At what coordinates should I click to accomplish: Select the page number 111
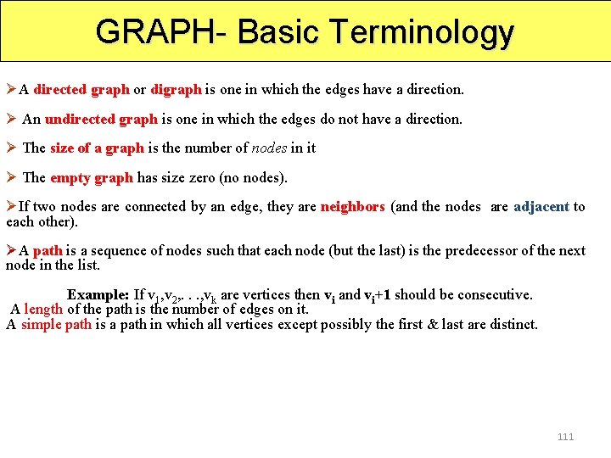565,437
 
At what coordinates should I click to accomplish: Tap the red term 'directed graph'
81,89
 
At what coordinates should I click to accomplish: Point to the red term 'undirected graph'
101,119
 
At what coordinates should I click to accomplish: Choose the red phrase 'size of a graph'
97,148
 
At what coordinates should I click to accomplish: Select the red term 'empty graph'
92,177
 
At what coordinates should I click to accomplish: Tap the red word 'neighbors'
352,206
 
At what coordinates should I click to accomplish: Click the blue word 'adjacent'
541,206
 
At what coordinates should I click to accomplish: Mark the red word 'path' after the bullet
48,250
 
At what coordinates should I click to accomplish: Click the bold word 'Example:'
98,295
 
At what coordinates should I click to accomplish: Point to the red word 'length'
43,310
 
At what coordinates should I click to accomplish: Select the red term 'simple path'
56,324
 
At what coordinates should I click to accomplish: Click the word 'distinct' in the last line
513,324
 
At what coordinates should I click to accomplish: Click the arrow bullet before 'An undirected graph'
12,119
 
